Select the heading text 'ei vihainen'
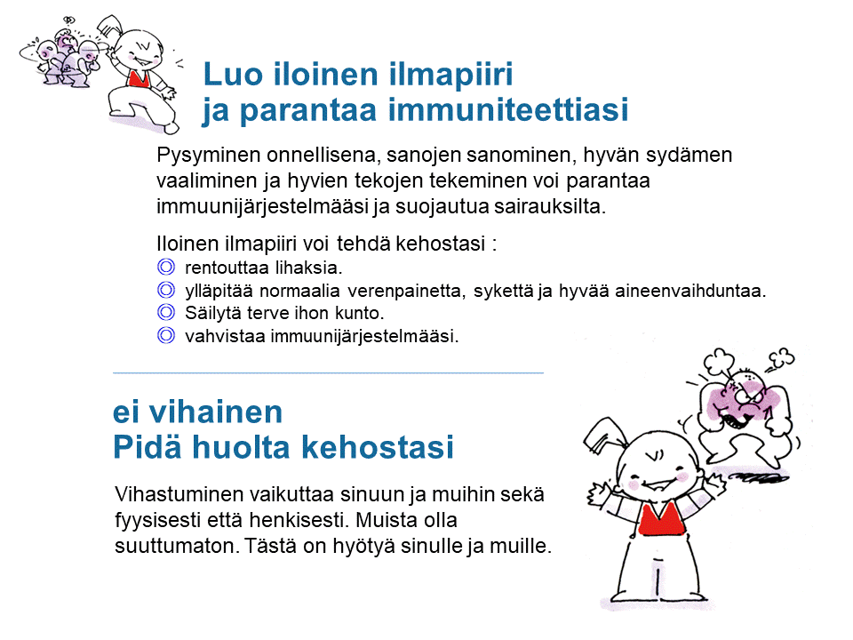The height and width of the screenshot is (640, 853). pos(197,412)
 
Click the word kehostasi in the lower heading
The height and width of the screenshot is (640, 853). pos(377,447)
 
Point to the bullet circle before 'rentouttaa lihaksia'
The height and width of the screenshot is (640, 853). pos(166,268)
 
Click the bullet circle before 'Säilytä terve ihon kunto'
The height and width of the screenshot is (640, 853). pos(166,312)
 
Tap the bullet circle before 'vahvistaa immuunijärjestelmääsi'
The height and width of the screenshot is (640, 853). pos(166,335)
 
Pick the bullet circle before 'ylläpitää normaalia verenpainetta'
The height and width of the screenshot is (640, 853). pos(166,290)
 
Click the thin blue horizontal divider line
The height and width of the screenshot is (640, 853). pos(328,372)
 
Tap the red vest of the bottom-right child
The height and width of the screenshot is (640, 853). pos(661,519)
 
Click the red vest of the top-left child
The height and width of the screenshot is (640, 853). pos(140,79)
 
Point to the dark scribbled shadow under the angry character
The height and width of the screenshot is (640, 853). pos(759,478)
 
